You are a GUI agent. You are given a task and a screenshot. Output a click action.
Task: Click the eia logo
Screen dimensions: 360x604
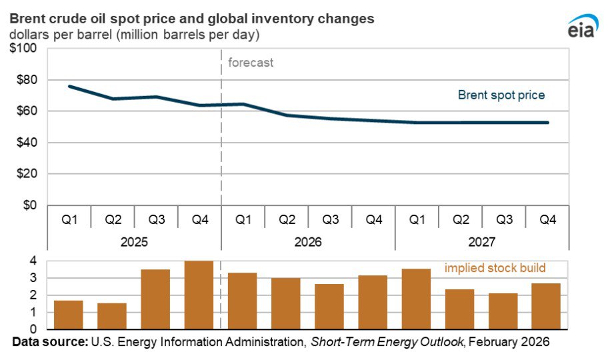pos(578,29)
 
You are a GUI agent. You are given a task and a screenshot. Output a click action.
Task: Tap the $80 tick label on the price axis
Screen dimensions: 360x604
pos(25,80)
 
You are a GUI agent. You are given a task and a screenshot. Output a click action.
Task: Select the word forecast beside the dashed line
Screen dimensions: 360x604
pos(251,63)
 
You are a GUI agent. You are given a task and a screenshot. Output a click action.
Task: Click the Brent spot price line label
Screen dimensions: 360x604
pos(501,95)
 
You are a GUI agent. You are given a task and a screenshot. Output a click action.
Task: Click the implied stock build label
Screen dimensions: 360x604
pos(495,268)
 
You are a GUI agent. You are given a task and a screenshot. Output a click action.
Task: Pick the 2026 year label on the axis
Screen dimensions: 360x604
pos(308,241)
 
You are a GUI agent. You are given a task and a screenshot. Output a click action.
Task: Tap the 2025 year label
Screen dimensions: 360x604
pos(134,241)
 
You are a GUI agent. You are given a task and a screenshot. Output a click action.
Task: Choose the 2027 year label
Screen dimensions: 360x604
pos(482,241)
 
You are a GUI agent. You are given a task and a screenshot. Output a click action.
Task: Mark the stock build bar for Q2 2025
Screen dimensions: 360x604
pos(112,316)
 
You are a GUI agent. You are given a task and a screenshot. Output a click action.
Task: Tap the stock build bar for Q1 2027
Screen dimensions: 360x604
pos(417,299)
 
